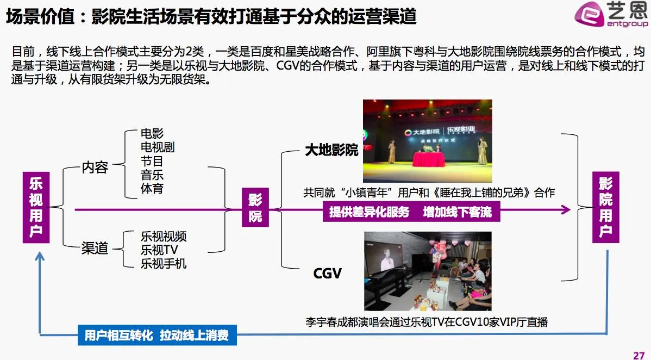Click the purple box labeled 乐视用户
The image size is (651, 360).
pyautogui.click(x=36, y=207)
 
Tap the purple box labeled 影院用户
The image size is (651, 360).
pyautogui.click(x=605, y=207)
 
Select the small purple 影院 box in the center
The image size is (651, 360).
pyautogui.click(x=255, y=208)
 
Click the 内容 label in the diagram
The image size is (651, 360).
pyautogui.click(x=95, y=167)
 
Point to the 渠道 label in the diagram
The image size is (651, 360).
pyautogui.click(x=95, y=249)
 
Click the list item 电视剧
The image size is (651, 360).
pyautogui.click(x=157, y=147)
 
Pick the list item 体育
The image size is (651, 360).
pyautogui.click(x=152, y=189)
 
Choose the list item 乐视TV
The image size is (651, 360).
pyautogui.click(x=159, y=250)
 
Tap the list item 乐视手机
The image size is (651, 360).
pyautogui.click(x=164, y=264)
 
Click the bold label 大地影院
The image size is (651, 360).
pyautogui.click(x=331, y=150)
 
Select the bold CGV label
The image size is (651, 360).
pyautogui.click(x=327, y=273)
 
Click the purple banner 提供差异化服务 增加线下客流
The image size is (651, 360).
pyautogui.click(x=410, y=212)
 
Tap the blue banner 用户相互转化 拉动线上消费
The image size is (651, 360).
pyautogui.click(x=157, y=335)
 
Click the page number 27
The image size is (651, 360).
pyautogui.click(x=639, y=355)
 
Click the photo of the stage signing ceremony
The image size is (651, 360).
pyautogui.click(x=427, y=141)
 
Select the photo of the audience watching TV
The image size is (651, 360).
pyautogui.click(x=427, y=271)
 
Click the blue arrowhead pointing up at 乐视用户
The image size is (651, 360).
pyautogui.click(x=40, y=255)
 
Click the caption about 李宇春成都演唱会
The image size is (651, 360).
pyautogui.click(x=427, y=322)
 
